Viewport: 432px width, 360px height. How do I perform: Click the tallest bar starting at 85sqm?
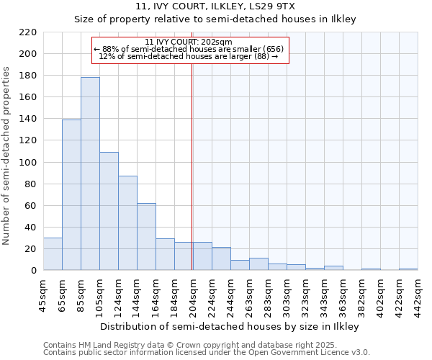[90, 174]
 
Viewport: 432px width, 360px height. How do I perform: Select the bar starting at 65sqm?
[71, 194]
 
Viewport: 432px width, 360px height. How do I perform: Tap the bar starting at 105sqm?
[109, 211]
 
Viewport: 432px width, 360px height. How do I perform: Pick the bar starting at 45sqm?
[53, 254]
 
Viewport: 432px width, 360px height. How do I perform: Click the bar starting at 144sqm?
[146, 237]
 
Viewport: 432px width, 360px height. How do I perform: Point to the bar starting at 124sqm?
[127, 223]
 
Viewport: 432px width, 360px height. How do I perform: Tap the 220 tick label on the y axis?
[28, 32]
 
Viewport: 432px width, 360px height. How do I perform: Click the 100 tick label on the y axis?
[28, 163]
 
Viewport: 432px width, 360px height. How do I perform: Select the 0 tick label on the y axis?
[33, 271]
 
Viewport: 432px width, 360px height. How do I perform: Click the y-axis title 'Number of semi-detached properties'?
[7, 156]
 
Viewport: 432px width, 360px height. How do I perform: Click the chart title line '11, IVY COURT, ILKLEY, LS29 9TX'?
[215, 7]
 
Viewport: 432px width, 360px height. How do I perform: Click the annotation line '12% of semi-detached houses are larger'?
[189, 55]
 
